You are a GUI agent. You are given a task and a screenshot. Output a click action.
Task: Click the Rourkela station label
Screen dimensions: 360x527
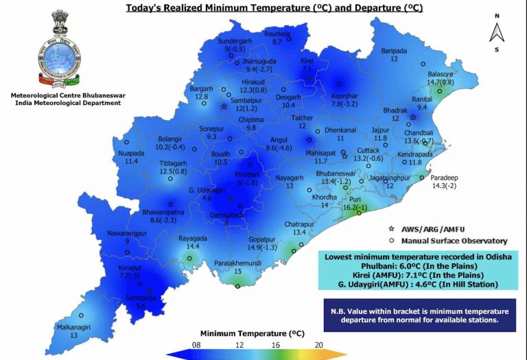tap(277, 34)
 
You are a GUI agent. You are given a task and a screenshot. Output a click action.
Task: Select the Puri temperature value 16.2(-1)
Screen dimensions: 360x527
tap(355, 207)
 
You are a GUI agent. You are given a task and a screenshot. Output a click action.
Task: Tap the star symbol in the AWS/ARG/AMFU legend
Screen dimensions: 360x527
tap(391, 227)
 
